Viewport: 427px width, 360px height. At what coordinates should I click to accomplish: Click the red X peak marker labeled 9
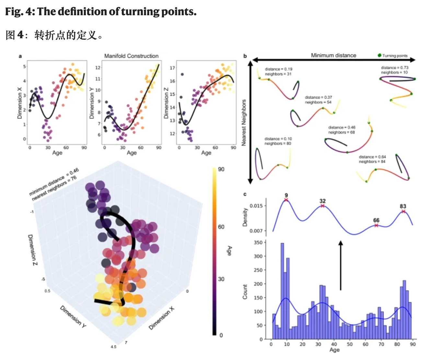286,200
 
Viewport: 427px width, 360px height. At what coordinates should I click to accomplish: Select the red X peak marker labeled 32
322,206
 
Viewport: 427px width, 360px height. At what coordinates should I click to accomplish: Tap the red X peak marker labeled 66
376,225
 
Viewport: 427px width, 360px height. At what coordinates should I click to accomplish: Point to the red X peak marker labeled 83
403,211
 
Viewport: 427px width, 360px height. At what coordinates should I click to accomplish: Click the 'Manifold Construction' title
131,56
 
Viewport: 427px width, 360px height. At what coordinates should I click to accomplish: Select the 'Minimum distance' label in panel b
333,55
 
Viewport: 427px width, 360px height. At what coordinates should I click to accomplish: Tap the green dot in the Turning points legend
379,55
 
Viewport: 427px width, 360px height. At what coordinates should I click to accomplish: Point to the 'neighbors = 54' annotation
318,102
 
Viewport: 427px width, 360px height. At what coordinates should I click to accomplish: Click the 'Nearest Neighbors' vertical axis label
244,122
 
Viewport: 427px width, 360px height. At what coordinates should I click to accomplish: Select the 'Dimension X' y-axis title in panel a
20,103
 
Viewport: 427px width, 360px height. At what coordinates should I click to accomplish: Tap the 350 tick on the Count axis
258,242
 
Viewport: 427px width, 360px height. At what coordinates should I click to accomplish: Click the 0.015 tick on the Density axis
256,206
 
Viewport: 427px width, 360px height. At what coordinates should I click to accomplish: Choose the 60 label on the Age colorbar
221,227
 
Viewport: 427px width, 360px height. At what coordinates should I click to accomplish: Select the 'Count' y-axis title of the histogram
245,292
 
